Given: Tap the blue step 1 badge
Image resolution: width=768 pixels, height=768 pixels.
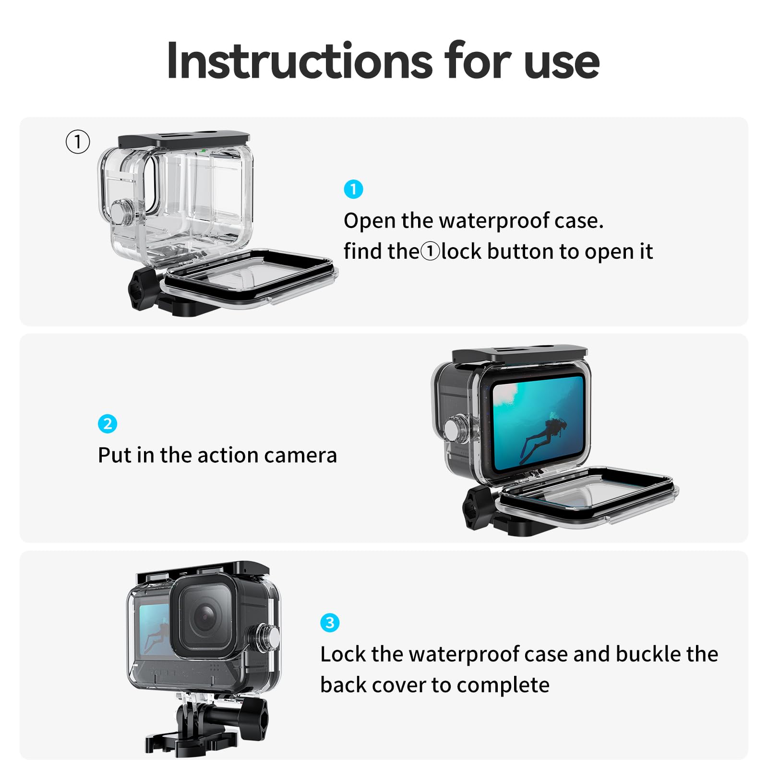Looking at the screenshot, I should coord(353,189).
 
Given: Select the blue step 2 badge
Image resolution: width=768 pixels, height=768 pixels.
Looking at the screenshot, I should coord(108,424).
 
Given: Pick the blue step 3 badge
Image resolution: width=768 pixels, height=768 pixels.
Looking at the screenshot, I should coord(330,623).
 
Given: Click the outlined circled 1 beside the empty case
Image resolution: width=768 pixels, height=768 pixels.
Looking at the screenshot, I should coord(78,142).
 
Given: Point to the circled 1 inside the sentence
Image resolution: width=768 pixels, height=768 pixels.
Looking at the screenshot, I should coord(430,252).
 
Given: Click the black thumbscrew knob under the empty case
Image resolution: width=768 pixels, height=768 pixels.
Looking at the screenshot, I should coord(143,288).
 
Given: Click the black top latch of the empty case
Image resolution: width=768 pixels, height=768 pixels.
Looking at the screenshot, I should coord(184,140).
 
